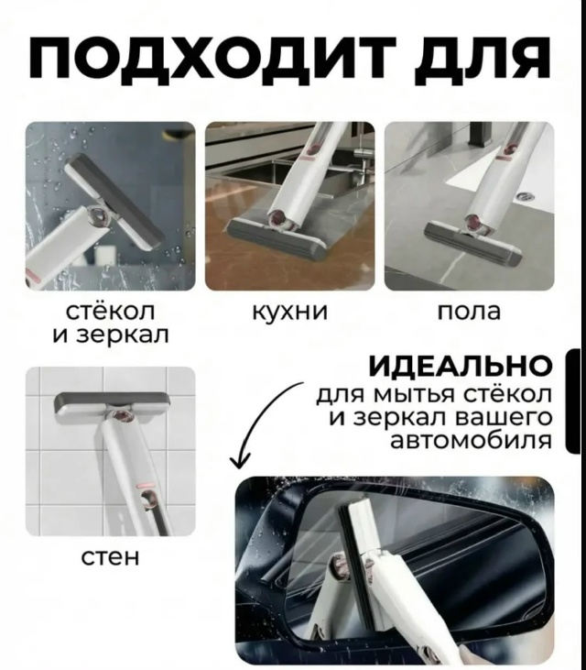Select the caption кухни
[x=290, y=312]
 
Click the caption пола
[x=469, y=312]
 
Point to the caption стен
[x=111, y=557]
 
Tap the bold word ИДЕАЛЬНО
[x=461, y=367]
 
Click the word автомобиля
[x=472, y=440]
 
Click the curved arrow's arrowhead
[x=240, y=461]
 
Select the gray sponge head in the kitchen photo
[x=277, y=240]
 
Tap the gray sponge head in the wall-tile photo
[x=112, y=404]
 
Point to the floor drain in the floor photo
[x=522, y=197]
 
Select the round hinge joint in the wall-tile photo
[x=123, y=416]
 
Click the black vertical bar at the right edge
[x=573, y=401]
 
